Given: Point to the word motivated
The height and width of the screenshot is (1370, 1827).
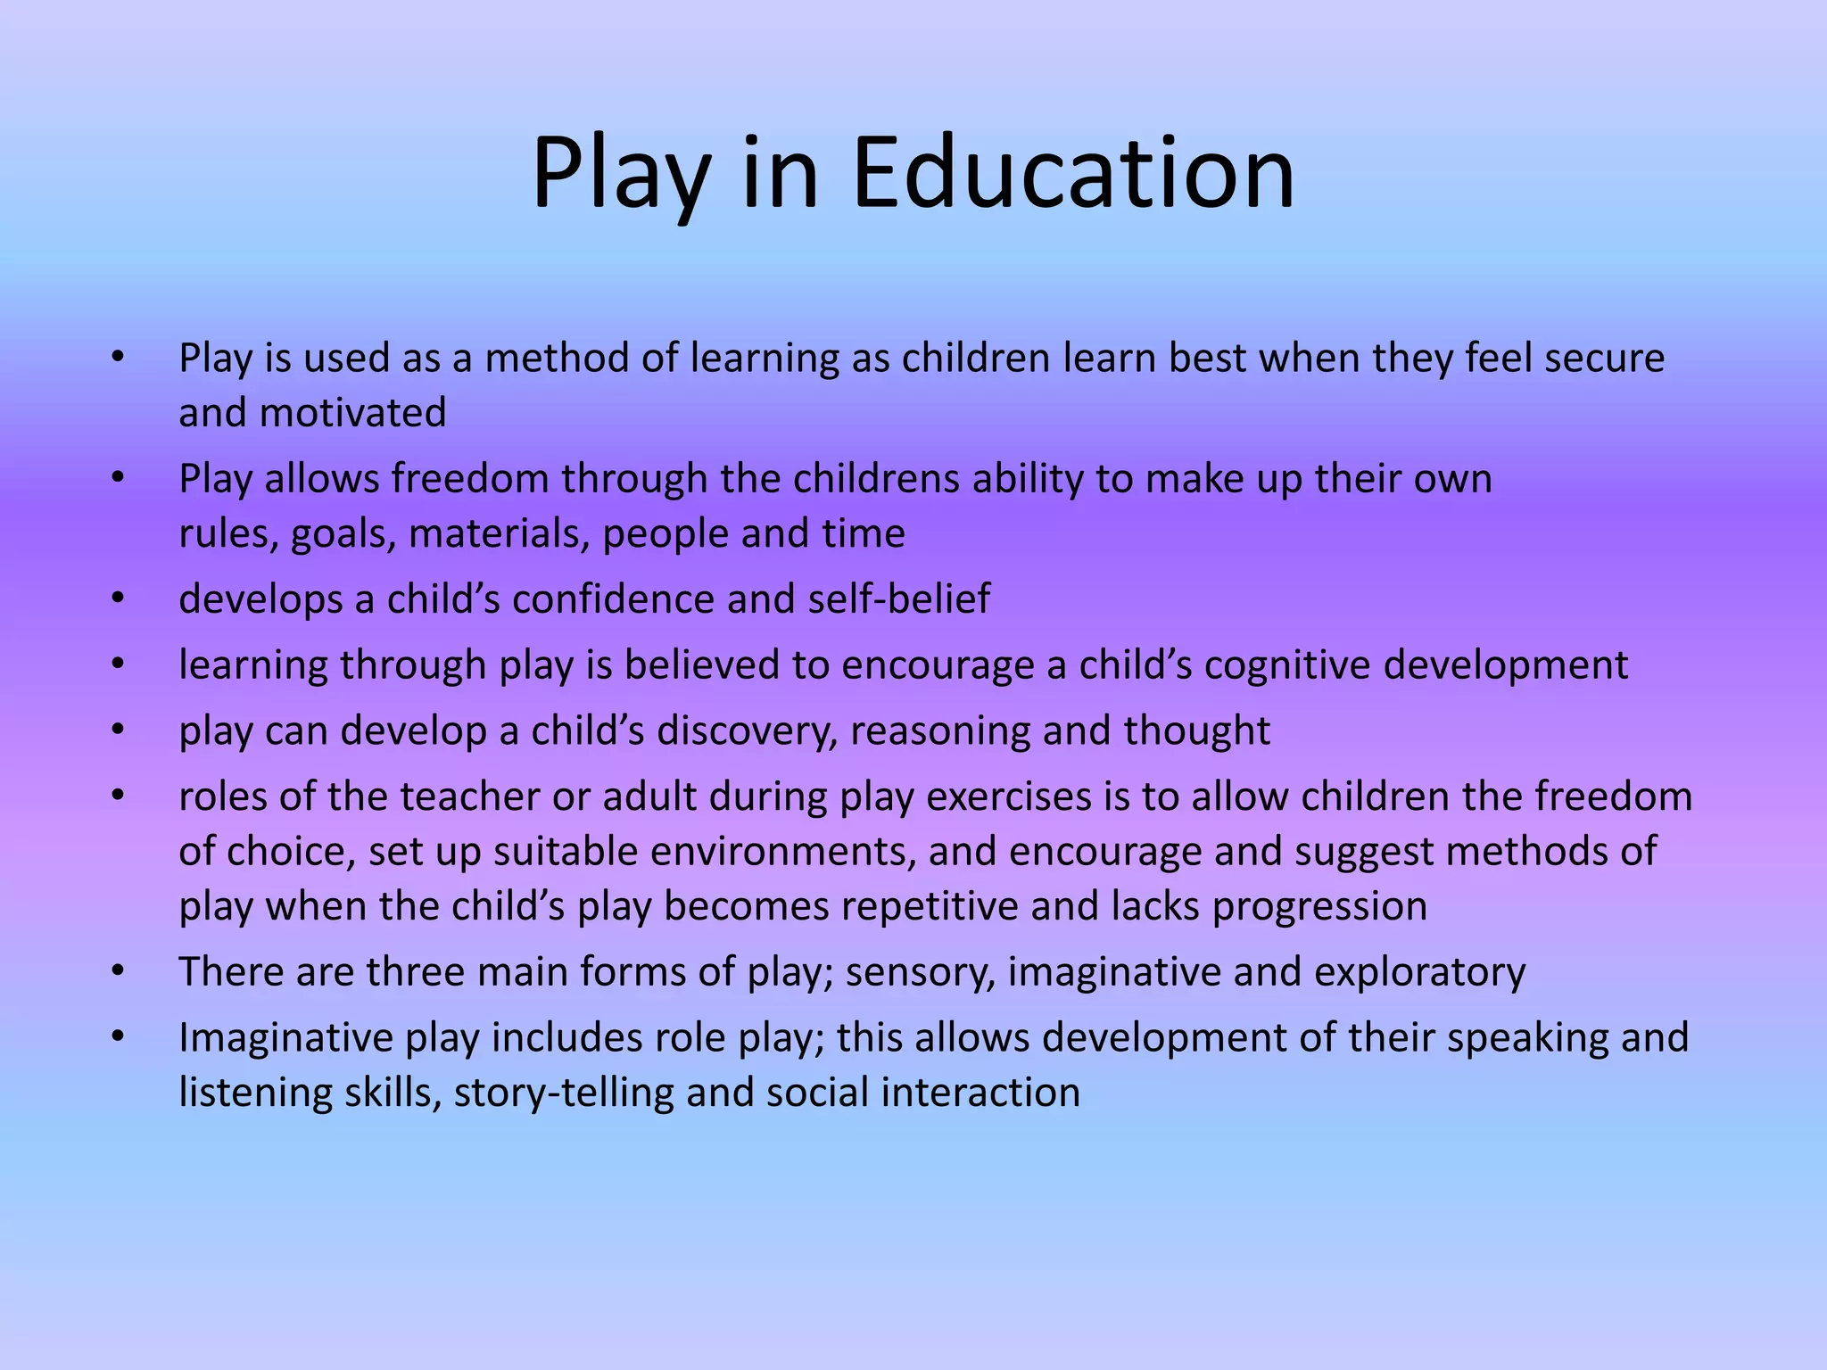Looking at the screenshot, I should (x=352, y=413).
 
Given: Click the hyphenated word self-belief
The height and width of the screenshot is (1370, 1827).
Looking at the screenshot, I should (x=899, y=599).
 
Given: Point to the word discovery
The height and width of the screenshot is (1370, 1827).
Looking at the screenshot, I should (x=748, y=731).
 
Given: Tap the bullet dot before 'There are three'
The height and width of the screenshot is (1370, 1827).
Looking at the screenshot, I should (x=118, y=970).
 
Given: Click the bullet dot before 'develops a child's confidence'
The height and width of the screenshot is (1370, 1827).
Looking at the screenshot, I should (x=118, y=598).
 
